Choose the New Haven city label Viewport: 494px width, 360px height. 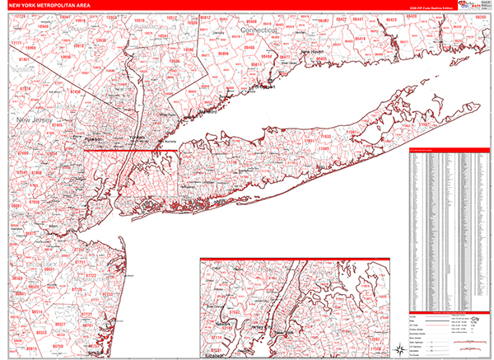(x=314, y=51)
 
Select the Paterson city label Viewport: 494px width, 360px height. (x=92, y=139)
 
